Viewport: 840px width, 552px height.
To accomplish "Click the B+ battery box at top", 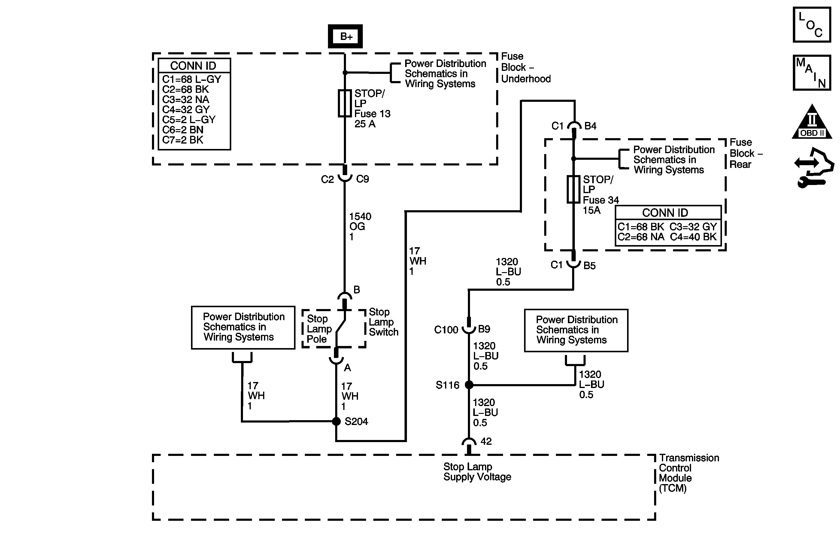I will (x=345, y=36).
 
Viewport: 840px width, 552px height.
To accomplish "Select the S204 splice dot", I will (x=336, y=421).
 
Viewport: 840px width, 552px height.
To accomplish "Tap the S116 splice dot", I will (x=469, y=385).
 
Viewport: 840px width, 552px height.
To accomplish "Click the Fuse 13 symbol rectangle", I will (x=345, y=103).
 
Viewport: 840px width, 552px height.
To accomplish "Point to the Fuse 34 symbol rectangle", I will (x=574, y=190).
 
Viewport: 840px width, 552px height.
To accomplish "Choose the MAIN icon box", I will (x=812, y=73).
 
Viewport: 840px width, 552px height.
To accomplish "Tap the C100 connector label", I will (x=446, y=330).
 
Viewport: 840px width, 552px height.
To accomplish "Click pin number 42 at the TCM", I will (x=486, y=441).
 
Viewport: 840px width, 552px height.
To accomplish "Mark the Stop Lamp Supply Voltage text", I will (x=477, y=472).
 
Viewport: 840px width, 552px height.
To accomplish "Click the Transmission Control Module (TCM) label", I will (x=688, y=473).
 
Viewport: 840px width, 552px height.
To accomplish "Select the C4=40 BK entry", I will (x=693, y=237).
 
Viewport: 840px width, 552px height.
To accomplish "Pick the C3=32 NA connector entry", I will (x=186, y=99).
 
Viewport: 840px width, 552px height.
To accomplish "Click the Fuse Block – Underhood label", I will (x=526, y=67).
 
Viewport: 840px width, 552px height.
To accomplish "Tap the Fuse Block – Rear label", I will (x=746, y=153).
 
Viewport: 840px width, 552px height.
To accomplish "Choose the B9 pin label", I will (x=484, y=329).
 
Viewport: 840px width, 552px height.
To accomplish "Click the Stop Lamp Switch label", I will (x=383, y=322).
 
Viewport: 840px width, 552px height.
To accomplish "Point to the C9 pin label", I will (x=362, y=179).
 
